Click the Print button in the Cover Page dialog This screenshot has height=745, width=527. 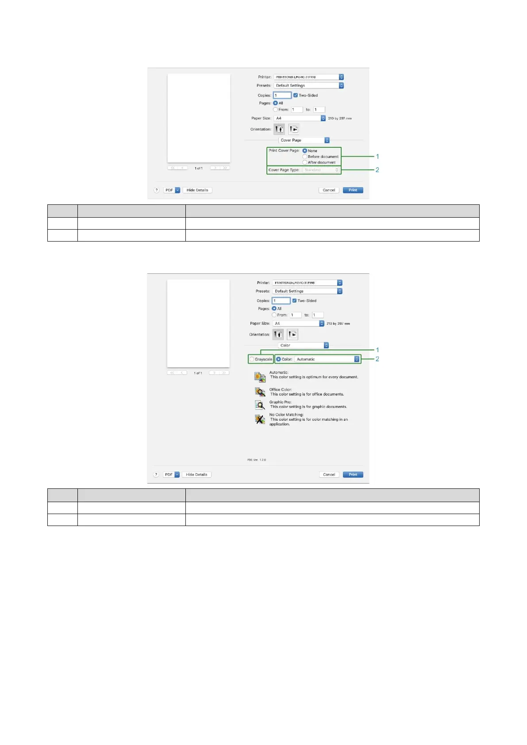353,190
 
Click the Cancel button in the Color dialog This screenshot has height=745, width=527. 329,475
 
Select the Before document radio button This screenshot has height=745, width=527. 305,157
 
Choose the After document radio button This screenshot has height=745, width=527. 305,162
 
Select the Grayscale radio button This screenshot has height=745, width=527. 252,359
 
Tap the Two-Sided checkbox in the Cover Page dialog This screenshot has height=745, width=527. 296,95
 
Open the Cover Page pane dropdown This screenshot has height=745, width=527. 304,140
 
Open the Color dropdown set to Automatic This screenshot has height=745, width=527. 327,359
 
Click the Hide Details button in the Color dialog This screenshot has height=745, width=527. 196,475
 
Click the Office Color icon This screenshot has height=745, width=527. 260,392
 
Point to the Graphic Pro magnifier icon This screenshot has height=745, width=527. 260,405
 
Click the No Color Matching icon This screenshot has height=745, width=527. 260,419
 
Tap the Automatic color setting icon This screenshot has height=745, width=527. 260,376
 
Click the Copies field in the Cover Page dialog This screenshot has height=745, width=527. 282,95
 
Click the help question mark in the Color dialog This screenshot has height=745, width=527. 156,475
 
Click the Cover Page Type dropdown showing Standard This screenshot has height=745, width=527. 321,170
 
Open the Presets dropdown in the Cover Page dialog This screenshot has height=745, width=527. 308,86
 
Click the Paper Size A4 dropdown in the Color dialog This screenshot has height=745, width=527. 298,323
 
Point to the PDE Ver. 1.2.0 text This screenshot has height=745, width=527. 257,460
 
